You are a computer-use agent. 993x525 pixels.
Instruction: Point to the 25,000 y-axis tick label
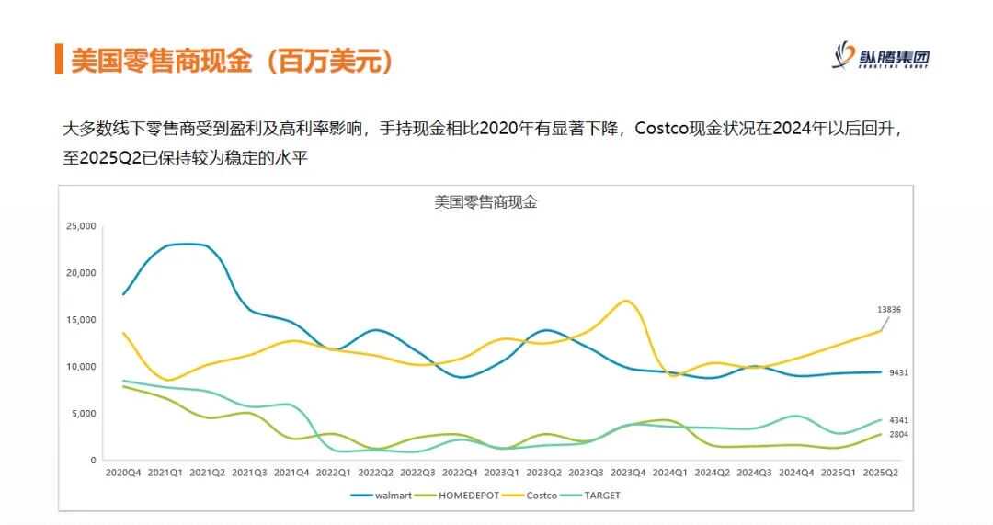[x=81, y=225]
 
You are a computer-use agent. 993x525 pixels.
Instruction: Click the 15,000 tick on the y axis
[x=81, y=319]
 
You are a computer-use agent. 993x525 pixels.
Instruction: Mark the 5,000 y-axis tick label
[x=84, y=413]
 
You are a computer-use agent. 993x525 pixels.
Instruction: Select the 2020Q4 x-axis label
[x=123, y=472]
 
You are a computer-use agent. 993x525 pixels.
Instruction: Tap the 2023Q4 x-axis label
[x=627, y=472]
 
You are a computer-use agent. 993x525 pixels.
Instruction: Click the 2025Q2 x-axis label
[x=880, y=472]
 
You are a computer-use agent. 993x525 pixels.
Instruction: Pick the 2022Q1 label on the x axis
[x=333, y=472]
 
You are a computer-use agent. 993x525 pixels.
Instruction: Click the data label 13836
[x=888, y=310]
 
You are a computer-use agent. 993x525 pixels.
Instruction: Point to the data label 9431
[x=899, y=372]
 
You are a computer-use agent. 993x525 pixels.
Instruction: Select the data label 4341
[x=899, y=420]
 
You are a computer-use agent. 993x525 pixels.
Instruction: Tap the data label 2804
[x=899, y=434]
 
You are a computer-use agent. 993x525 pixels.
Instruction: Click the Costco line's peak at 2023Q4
[x=626, y=301]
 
